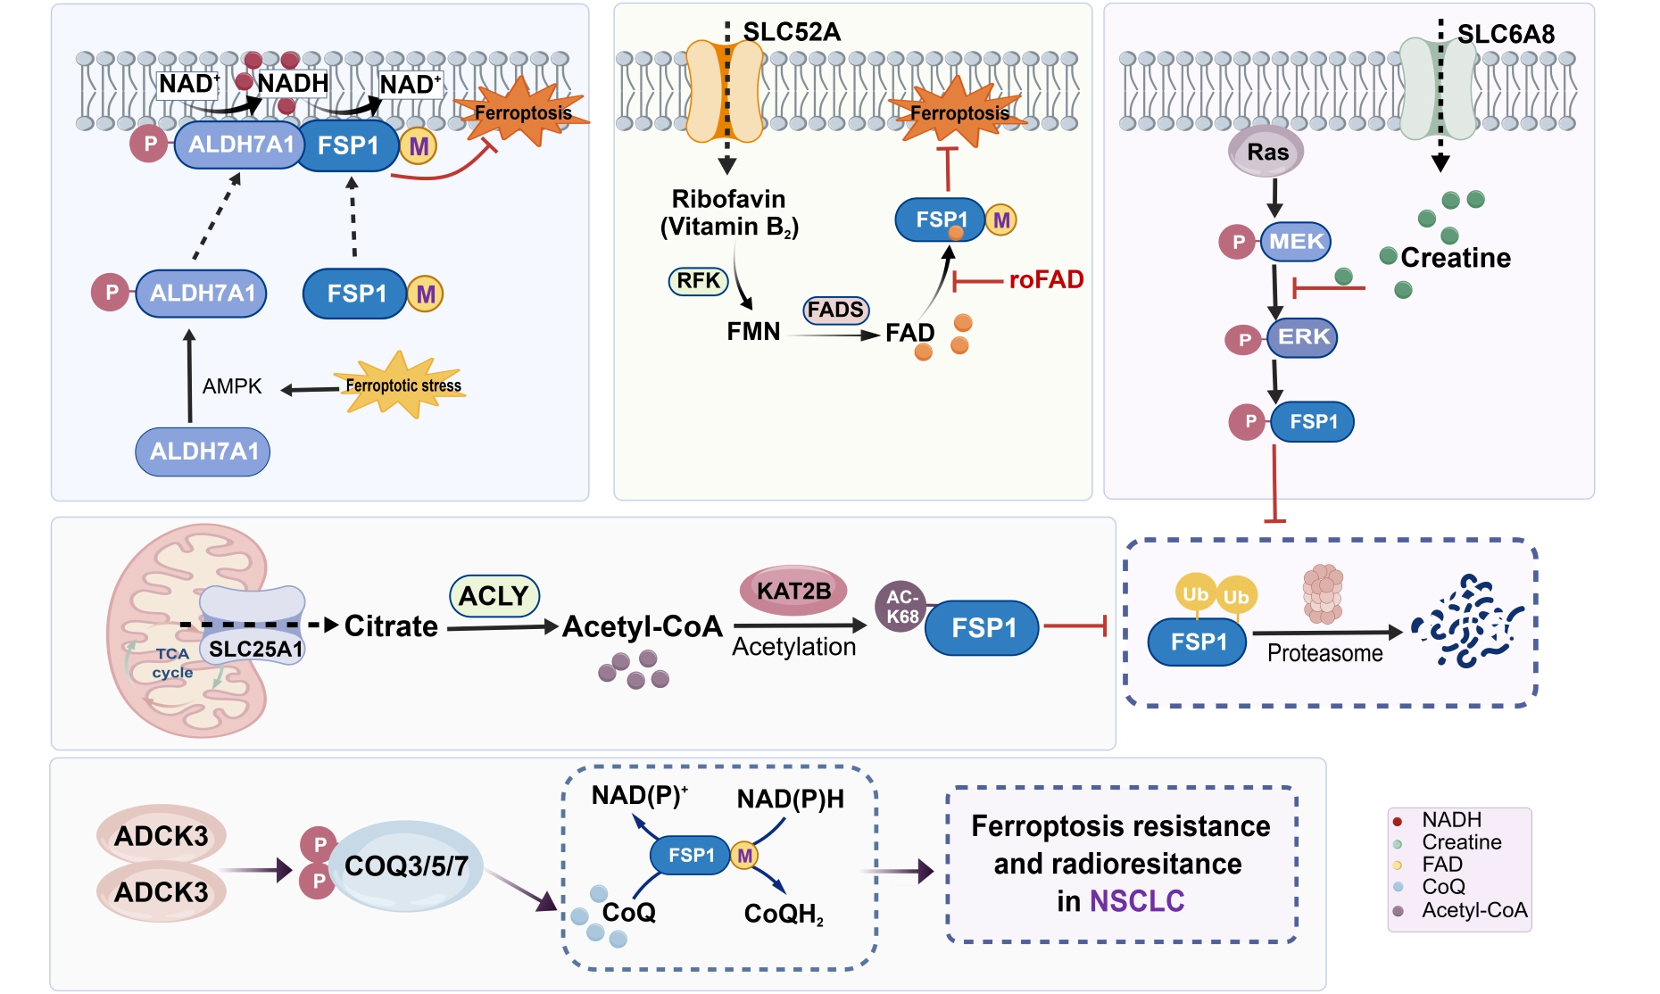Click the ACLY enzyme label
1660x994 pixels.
point(494,596)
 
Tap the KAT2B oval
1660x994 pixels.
point(793,591)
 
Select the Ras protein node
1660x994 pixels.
point(1266,152)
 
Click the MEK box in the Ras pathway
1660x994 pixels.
point(1296,242)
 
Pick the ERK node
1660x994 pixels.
point(1303,337)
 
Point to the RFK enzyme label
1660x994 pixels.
point(698,281)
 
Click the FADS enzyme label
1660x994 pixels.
point(836,311)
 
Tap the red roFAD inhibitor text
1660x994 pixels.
point(1046,280)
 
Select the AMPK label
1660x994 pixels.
point(232,386)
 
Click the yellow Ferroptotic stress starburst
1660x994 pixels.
point(402,385)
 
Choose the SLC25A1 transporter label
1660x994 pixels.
point(256,649)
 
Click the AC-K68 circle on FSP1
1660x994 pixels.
point(901,607)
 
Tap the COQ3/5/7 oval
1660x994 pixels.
point(406,866)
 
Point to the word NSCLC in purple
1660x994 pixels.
point(1137,901)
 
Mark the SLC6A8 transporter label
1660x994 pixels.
point(1506,35)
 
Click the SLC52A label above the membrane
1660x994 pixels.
point(792,32)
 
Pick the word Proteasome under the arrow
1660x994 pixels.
point(1324,653)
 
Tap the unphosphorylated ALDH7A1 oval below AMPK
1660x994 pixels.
point(203,451)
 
